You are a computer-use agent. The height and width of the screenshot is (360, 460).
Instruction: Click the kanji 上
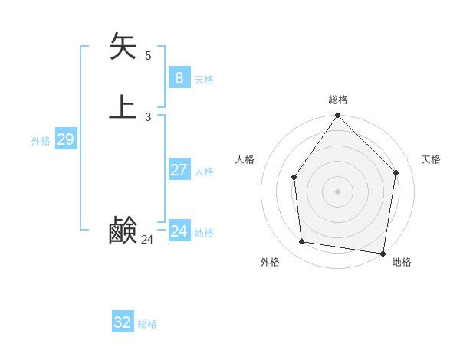[123, 106]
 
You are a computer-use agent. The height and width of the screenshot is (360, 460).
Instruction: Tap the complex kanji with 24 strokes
[123, 231]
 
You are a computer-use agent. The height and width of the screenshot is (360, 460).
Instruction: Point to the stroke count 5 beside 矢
[148, 55]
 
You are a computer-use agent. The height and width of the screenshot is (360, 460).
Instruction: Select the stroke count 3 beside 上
[148, 117]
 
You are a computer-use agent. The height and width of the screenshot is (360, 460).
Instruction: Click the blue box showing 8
[179, 77]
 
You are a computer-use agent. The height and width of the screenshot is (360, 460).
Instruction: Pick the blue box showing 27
[179, 169]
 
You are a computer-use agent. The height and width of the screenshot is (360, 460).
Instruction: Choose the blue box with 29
[65, 139]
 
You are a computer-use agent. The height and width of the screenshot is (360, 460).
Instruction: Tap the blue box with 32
[123, 322]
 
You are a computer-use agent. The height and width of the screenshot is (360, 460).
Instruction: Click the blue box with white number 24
[179, 231]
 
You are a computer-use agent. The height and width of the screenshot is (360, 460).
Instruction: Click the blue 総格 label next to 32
[147, 324]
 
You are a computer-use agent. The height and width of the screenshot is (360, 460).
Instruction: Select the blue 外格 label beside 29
[41, 141]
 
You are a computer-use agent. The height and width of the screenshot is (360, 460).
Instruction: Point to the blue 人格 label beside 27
[204, 172]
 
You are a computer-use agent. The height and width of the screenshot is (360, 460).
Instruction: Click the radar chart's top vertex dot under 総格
[337, 116]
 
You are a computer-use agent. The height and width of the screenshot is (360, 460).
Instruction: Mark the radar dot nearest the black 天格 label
[396, 172]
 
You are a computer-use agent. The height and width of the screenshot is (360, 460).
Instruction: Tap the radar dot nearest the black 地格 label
[382, 253]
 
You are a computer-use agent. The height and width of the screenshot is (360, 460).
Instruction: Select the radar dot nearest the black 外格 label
[302, 242]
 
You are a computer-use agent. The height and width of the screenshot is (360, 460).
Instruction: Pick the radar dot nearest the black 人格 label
[294, 178]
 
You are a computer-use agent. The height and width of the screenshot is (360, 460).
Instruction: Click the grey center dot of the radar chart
[337, 191]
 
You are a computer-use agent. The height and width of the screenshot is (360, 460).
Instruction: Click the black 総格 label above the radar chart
[338, 100]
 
